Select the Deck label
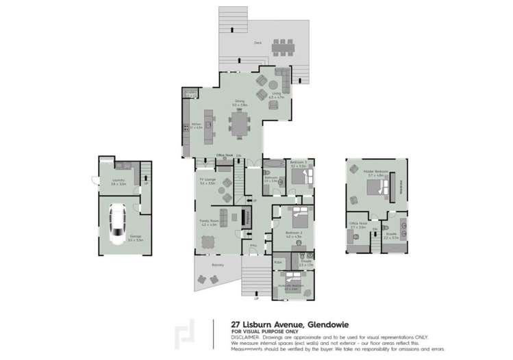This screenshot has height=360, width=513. tap(258, 42)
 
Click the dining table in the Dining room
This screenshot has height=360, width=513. tap(240, 124)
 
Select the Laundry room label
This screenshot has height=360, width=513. tap(118, 181)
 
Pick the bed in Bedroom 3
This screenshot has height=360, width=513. tap(301, 176)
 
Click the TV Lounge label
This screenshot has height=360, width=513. tap(208, 181)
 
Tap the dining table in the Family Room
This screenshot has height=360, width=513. tap(208, 241)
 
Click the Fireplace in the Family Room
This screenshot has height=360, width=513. tap(242, 218)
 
